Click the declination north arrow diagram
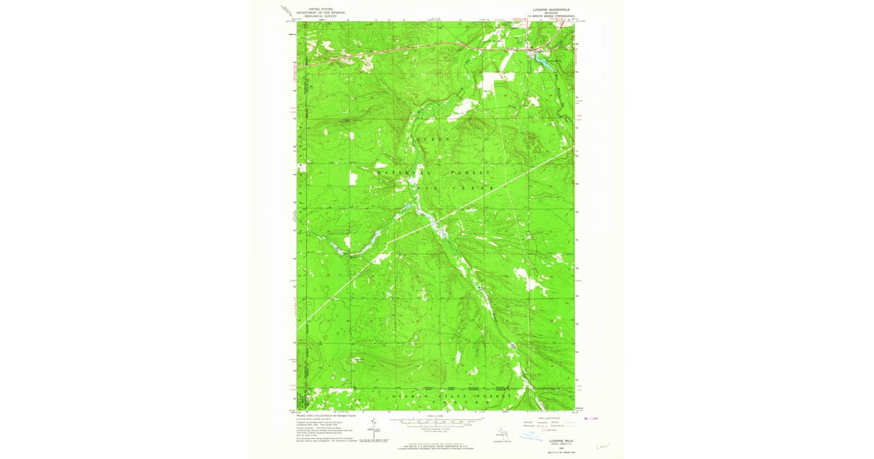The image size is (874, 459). click(372, 430)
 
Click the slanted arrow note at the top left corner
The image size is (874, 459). click(286, 11)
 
